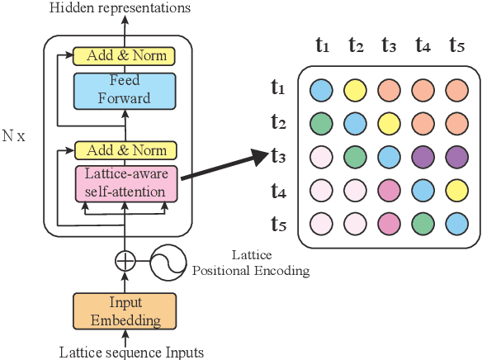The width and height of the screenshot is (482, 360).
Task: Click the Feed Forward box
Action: point(125,90)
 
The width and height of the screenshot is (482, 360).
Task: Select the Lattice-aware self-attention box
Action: point(125,183)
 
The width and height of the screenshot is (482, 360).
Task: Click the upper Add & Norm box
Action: point(125,56)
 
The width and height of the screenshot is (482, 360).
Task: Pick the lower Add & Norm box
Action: point(125,150)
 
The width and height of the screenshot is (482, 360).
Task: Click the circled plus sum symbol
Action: point(125,261)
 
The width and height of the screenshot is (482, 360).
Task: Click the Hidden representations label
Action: point(120,8)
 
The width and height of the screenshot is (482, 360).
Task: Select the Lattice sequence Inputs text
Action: point(131,353)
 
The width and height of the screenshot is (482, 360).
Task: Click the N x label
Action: point(14,135)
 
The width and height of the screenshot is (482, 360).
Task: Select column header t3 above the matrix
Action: point(387,45)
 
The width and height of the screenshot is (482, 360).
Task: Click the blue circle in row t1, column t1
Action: point(322,88)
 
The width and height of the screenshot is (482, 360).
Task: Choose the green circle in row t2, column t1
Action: point(322,122)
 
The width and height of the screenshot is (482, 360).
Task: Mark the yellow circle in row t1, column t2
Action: point(355,88)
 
